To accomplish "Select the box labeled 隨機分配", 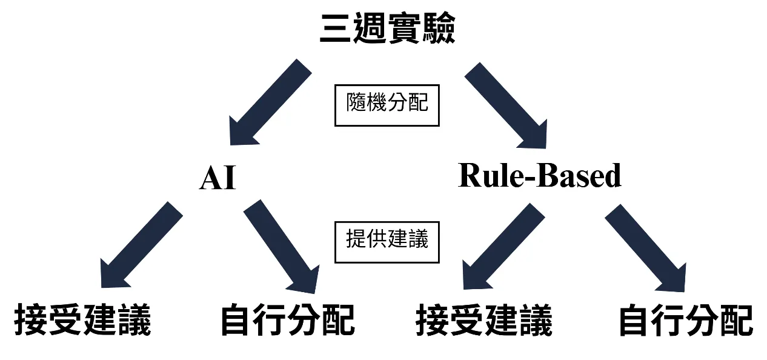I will pos(387,105).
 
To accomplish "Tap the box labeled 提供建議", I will pos(387,242).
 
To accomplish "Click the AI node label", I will pos(217,179).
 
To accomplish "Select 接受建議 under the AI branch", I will pos(82,319).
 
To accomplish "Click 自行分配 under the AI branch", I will pos(287,319).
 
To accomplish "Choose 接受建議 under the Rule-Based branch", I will pos(484,319).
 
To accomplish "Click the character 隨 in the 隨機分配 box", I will pos(356,104).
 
